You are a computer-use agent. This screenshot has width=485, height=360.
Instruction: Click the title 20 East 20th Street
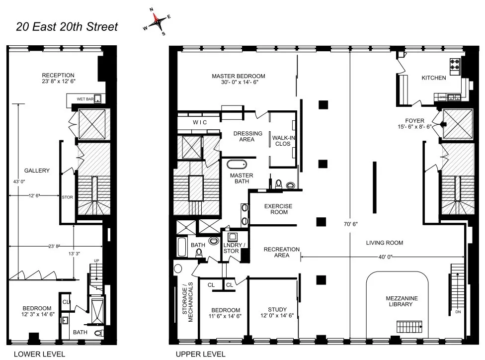click(x=67, y=26)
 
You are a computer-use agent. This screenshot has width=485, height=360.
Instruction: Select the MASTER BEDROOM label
click(x=238, y=76)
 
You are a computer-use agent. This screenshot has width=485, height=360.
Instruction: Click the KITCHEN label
click(x=433, y=78)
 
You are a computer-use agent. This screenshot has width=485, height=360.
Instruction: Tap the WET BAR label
click(x=85, y=99)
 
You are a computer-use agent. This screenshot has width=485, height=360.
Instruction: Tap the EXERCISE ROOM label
click(x=278, y=209)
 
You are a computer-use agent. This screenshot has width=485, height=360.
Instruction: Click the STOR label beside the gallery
click(x=67, y=197)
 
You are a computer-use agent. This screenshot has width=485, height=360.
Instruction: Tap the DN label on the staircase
click(x=458, y=313)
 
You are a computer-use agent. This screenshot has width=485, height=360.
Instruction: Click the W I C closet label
click(x=199, y=122)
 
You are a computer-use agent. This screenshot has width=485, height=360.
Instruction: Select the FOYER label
click(x=415, y=120)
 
